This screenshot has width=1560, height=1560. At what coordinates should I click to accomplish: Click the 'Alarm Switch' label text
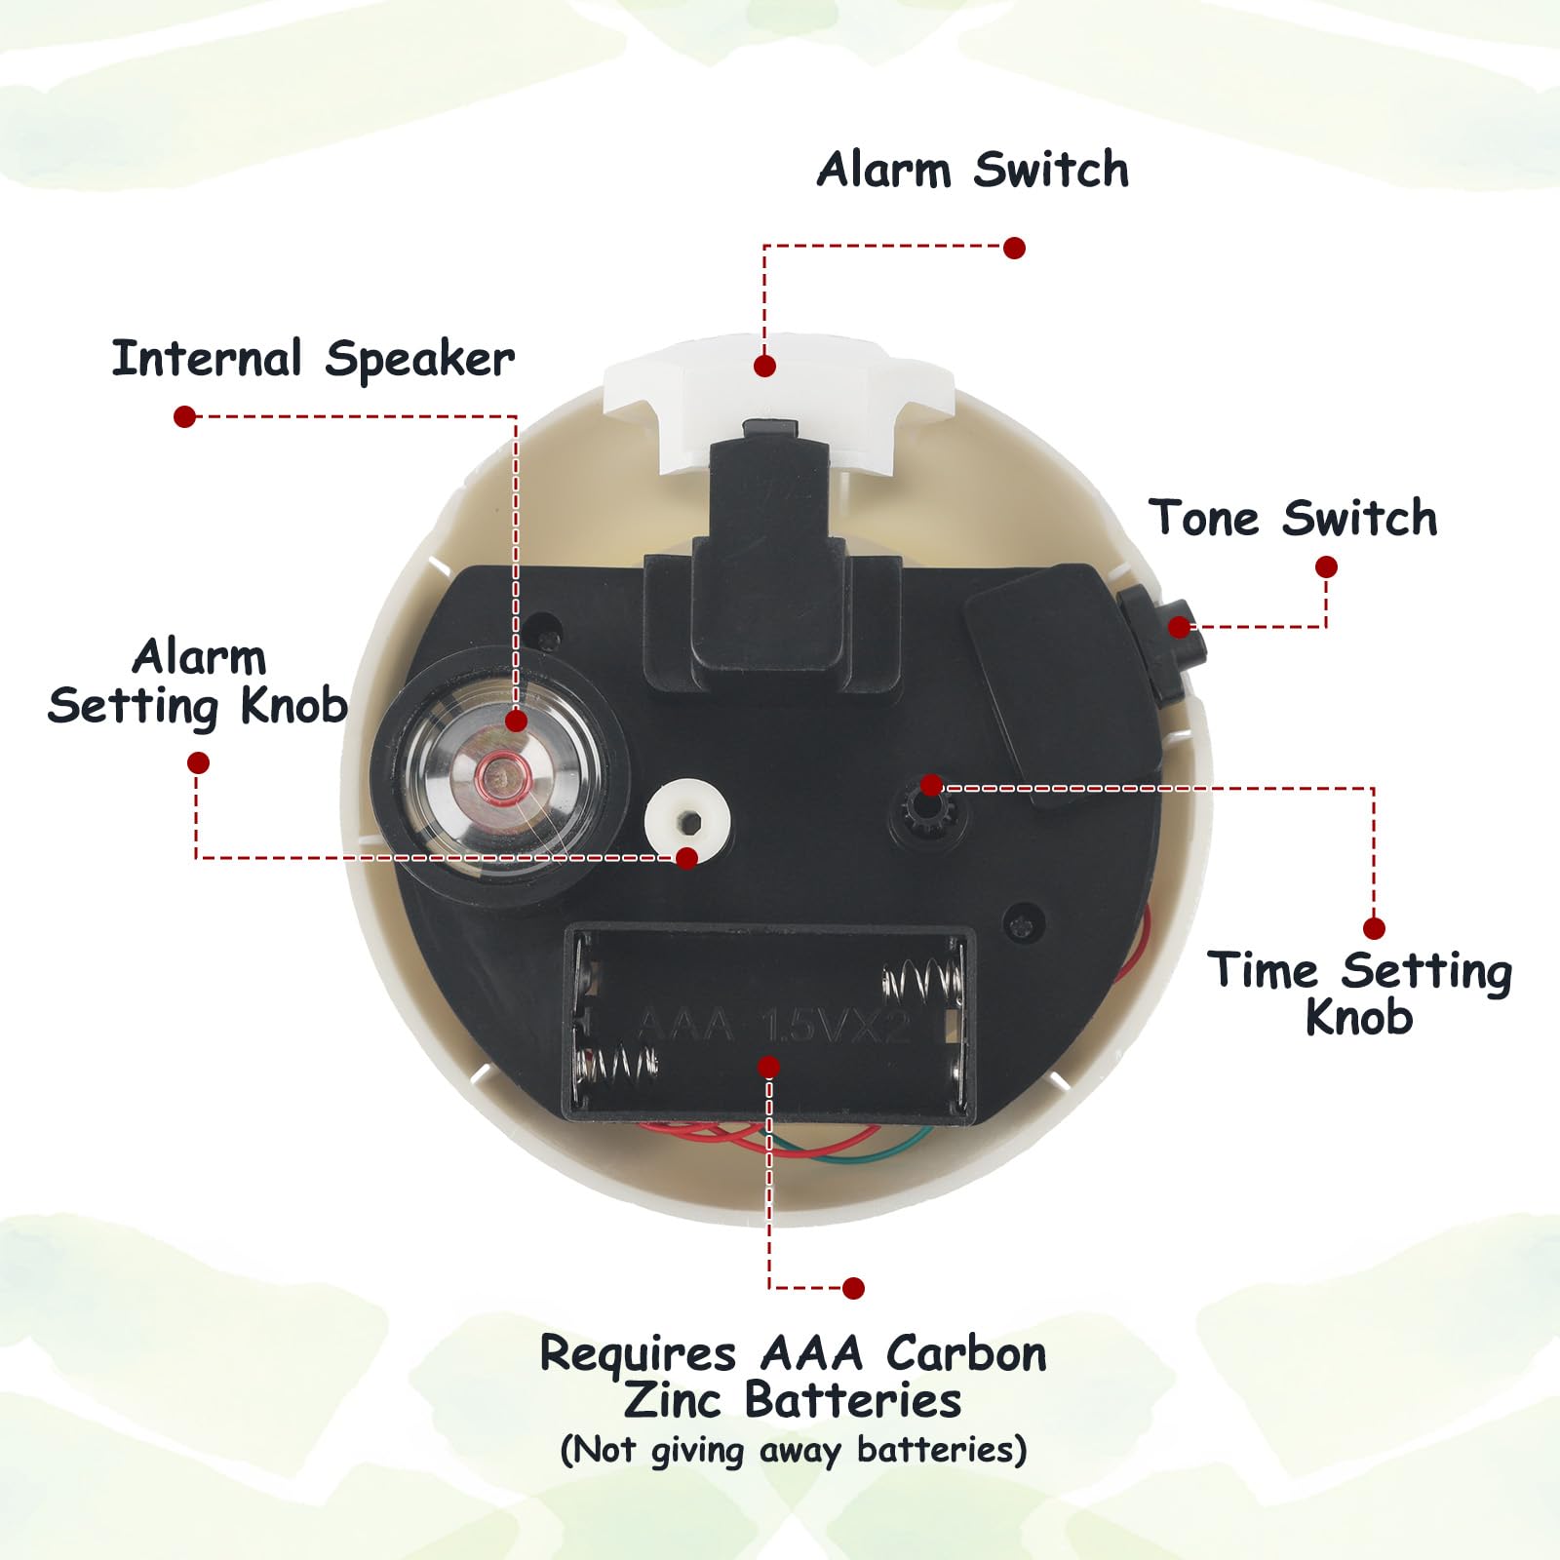point(973,170)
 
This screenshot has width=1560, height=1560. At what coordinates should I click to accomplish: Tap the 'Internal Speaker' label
point(313,359)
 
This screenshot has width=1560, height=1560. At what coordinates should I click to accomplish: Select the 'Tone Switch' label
point(1293,518)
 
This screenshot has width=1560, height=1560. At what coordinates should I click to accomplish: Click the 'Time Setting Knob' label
point(1360,994)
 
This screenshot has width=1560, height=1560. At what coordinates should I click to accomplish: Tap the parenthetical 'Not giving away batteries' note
point(794,1450)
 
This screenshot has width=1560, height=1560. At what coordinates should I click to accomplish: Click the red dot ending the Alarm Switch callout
point(1014,248)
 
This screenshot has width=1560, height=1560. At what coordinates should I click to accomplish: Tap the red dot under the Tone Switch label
point(1326,567)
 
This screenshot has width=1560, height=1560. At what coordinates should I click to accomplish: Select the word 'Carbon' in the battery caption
point(966,1354)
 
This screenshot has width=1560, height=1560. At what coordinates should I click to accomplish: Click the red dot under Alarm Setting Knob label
point(198,762)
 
